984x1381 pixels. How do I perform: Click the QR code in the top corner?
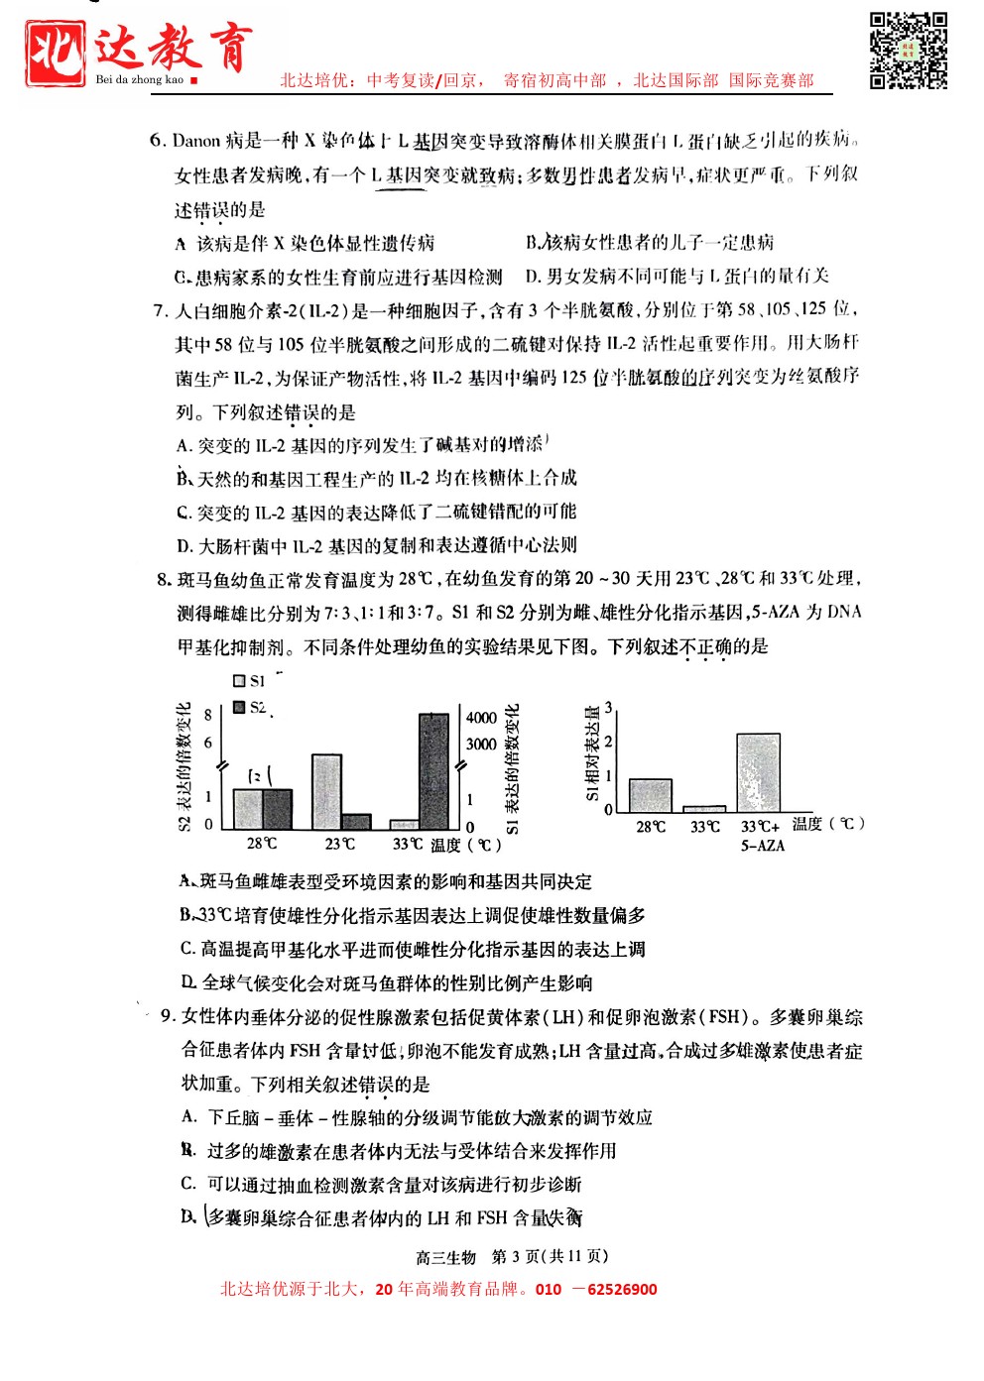point(909,50)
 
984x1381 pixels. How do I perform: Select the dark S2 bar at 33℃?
point(433,770)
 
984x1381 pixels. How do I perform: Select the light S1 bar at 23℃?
point(326,791)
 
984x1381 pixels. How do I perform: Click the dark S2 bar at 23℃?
point(356,822)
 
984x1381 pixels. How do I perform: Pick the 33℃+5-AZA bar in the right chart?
point(758,773)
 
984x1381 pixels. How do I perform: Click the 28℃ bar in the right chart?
point(651,795)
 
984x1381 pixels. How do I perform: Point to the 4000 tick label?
point(482,718)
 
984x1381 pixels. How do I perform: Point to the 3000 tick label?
point(482,744)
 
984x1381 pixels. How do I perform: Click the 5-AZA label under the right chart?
point(762,846)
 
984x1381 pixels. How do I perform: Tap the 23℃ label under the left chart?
point(339,844)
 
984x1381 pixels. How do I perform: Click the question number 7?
point(161,311)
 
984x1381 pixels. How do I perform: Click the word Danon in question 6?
point(196,141)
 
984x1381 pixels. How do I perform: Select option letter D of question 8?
point(187,982)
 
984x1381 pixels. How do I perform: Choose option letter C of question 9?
point(188,1184)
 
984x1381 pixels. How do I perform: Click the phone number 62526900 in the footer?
point(622,1290)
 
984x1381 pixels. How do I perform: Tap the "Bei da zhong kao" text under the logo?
point(140,79)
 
